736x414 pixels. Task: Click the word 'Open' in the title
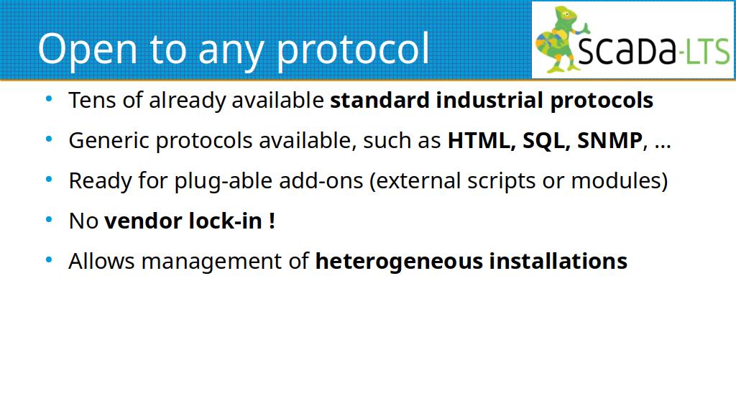point(87,50)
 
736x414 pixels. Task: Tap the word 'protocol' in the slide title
point(352,50)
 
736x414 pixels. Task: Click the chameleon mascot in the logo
point(561,40)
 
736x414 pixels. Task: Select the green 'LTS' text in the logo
point(708,51)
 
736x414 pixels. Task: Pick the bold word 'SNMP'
point(609,140)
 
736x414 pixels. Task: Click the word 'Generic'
point(109,141)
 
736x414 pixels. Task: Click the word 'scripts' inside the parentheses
point(501,181)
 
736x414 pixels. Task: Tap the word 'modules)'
point(619,180)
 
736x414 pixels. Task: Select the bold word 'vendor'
point(143,221)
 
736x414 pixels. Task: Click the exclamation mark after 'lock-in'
point(272,221)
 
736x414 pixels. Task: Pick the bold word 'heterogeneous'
point(398,262)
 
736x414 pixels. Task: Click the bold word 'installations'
point(558,261)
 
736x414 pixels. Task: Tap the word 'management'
point(225,262)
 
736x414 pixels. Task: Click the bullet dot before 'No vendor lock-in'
point(49,218)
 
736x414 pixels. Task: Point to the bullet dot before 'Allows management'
point(49,259)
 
